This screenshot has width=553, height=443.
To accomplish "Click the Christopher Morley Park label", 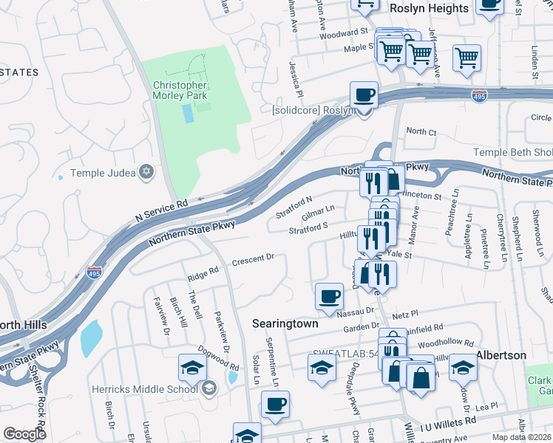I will pos(180,89).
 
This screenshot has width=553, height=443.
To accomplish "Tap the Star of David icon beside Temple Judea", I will pos(146,172).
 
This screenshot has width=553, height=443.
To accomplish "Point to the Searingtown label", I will pos(285,323).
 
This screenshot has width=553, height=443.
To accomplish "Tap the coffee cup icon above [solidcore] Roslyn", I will pos(363,95).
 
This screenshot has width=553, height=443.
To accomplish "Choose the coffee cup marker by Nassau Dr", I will pos(329,297).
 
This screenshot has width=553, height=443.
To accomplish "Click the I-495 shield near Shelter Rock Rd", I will pos(94,272).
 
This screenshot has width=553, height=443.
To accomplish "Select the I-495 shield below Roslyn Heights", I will pos(480,96).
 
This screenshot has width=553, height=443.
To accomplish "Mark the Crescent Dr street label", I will pos(254,259).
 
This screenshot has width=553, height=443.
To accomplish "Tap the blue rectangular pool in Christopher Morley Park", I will pos(189,113).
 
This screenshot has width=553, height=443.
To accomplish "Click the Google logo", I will pos(24,434).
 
